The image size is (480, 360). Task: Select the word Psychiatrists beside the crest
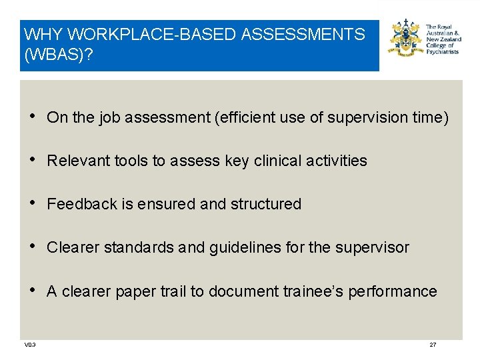point(443,52)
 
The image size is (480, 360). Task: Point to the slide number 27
point(433,345)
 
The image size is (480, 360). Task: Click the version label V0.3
point(30,345)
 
